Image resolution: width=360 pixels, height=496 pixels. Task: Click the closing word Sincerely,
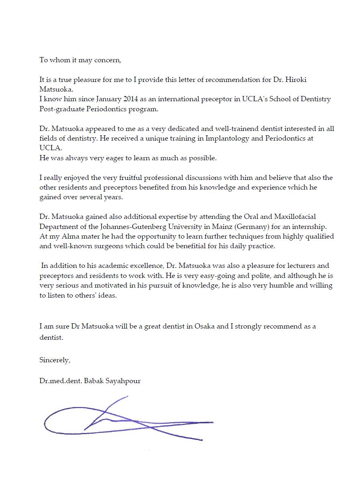coord(55,360)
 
